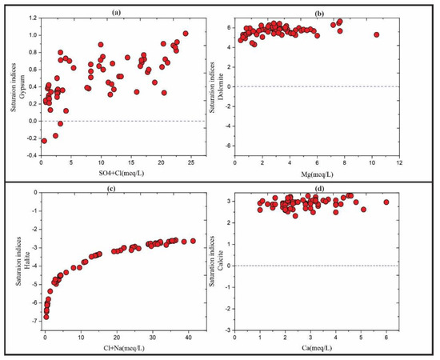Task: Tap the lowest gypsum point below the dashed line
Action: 44,141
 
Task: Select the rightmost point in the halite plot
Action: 193,241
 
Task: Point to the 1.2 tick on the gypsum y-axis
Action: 32,18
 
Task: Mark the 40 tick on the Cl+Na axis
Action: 188,338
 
